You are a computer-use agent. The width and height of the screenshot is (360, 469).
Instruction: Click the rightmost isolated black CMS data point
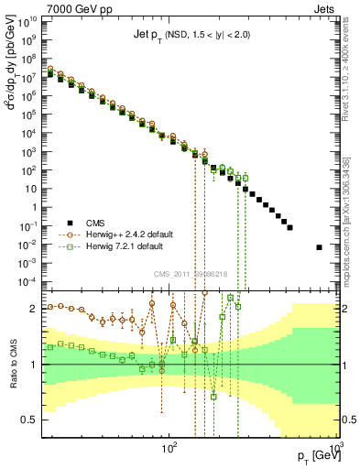pos(319,247)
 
